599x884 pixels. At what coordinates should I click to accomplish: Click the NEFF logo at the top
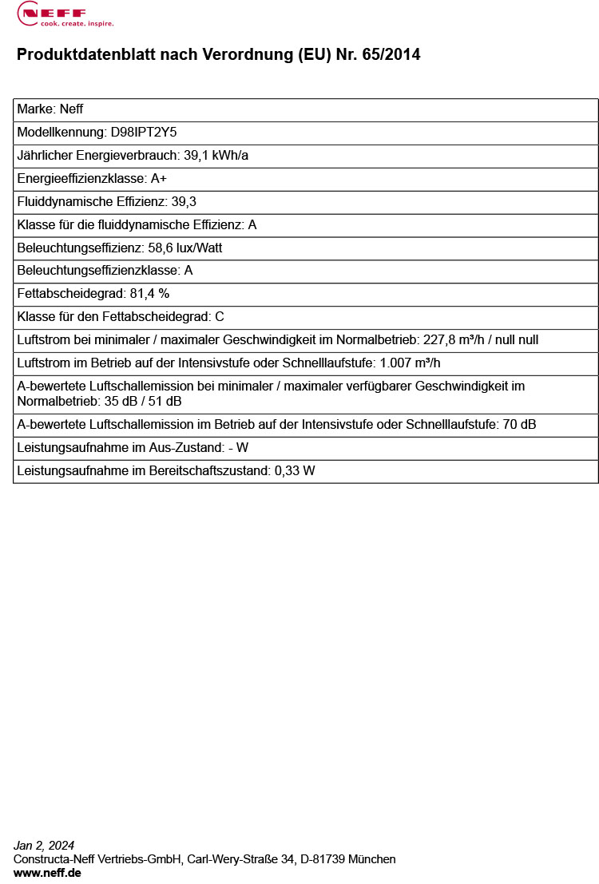65,14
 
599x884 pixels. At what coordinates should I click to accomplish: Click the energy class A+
158,179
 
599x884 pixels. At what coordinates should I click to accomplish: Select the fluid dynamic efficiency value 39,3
184,202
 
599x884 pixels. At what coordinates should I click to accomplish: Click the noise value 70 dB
519,425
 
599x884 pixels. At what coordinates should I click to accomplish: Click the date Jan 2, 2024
44,845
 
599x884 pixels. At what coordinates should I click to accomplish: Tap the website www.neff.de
47,873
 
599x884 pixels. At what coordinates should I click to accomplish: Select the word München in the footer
372,859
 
